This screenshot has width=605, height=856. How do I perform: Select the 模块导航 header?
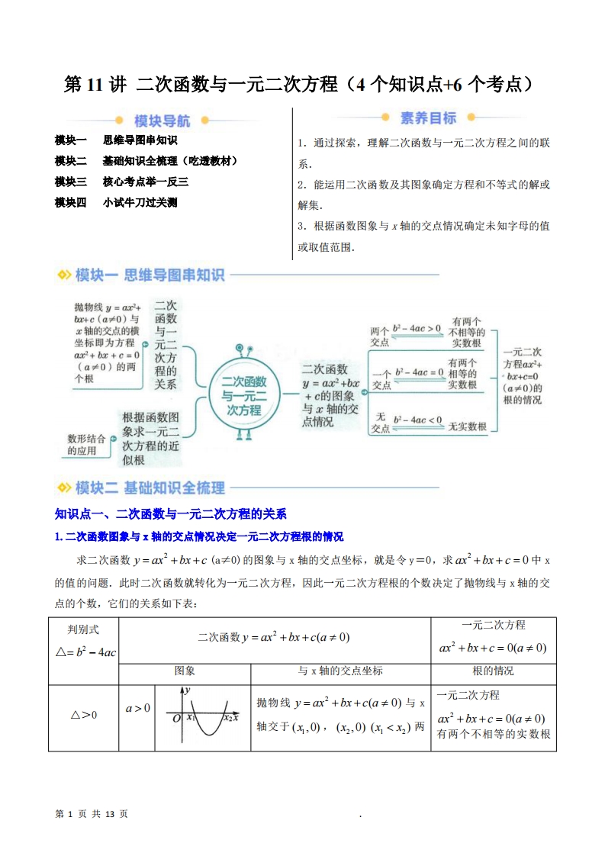(x=162, y=121)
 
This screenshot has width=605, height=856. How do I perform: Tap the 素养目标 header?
(x=428, y=118)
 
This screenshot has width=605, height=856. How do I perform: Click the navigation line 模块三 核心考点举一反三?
(x=121, y=182)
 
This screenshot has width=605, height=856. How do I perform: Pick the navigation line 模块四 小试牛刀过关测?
(x=116, y=202)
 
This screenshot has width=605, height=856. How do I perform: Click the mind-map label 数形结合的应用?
(x=82, y=444)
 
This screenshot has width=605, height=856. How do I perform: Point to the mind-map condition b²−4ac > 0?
(x=417, y=329)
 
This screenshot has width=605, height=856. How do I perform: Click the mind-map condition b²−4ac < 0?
(x=417, y=420)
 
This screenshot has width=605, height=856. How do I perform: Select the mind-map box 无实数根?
(x=467, y=426)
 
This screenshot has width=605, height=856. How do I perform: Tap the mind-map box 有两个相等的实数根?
(x=462, y=374)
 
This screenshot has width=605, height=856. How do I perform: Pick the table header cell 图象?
(x=185, y=671)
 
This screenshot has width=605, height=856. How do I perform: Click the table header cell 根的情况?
(x=493, y=671)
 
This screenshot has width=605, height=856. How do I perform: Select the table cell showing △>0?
(x=84, y=715)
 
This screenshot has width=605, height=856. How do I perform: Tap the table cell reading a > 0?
(x=137, y=708)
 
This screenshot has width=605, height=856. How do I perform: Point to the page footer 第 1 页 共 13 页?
(x=92, y=814)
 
